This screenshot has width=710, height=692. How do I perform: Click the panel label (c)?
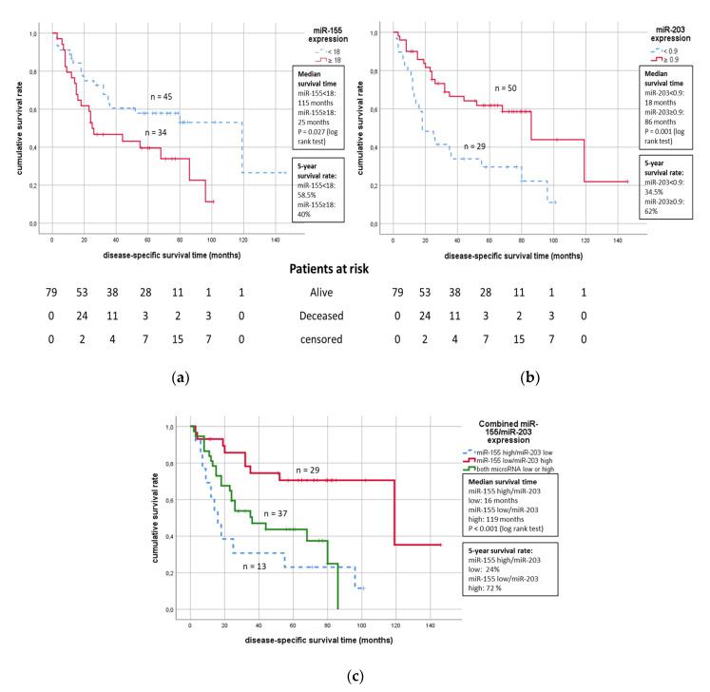coord(354,676)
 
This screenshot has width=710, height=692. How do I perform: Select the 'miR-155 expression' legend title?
coord(310,39)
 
